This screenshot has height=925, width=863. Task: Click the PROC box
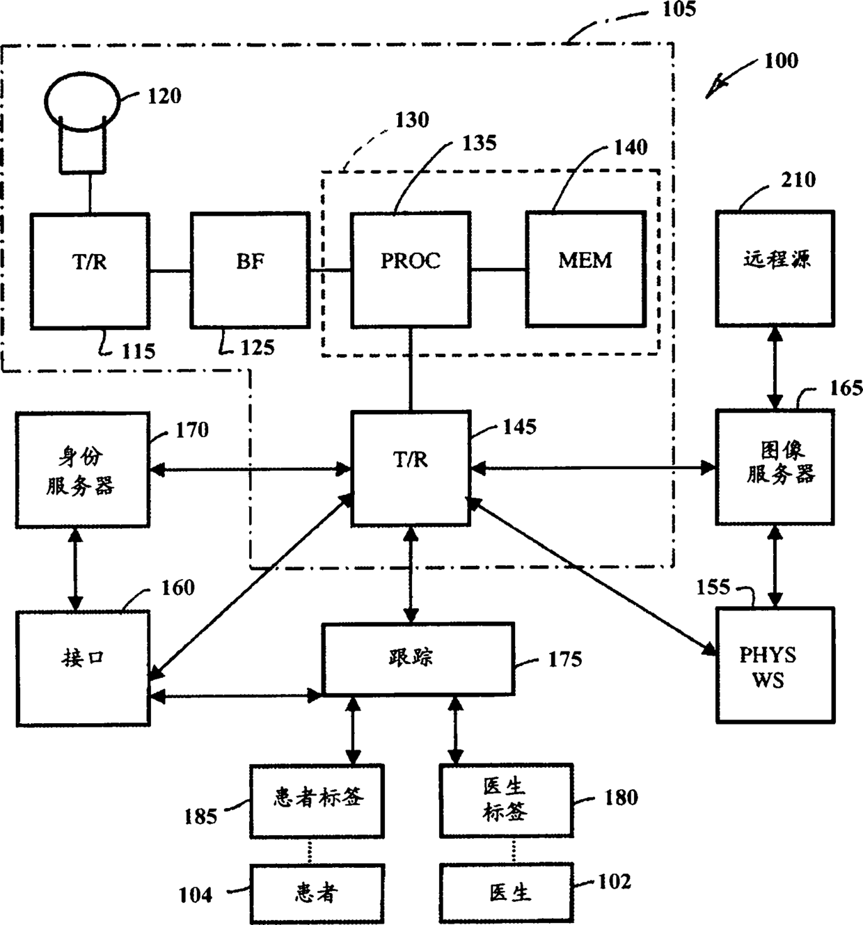[x=410, y=269]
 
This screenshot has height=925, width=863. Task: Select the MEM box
[x=585, y=269]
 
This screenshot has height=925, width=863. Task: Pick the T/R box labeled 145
[x=410, y=468]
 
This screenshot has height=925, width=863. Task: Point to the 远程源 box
[x=775, y=268]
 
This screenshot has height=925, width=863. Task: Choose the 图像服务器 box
[x=775, y=467]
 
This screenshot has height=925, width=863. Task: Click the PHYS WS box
[x=775, y=665]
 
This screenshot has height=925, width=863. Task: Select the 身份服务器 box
[x=82, y=469]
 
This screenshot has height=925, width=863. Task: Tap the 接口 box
[x=83, y=668]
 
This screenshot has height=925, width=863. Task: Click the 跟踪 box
[x=418, y=658]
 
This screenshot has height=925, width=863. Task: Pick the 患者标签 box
[x=317, y=800]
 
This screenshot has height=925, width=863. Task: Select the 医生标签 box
[x=506, y=800]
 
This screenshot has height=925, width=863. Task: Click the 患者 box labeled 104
[x=317, y=894]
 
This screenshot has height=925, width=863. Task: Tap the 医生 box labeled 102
[x=506, y=894]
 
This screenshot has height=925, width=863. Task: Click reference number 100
[x=781, y=61]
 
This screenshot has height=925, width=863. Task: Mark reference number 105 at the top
[x=679, y=10]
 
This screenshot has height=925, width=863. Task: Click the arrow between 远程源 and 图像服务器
[x=775, y=367]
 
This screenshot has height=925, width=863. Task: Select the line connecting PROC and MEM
[x=498, y=269]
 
